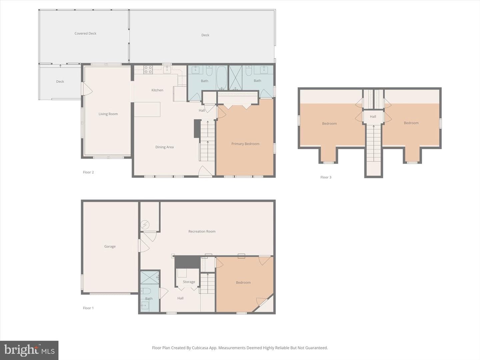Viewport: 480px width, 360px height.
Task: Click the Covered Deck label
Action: tap(85, 33)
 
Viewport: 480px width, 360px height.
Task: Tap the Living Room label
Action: tap(108, 114)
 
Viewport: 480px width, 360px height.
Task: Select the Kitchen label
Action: tap(157, 90)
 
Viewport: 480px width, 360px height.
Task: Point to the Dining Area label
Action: tap(164, 147)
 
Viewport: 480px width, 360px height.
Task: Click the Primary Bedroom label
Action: tap(245, 144)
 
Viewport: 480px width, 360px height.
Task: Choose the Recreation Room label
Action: tap(202, 231)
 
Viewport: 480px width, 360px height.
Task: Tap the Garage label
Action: tap(110, 246)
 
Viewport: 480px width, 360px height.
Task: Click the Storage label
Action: tap(189, 282)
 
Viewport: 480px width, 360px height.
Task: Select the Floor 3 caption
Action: tap(326, 177)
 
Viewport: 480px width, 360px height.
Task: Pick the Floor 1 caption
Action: tap(88, 308)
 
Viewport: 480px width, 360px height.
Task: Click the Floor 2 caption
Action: tap(88, 172)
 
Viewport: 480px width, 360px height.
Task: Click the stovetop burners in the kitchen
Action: tap(148, 70)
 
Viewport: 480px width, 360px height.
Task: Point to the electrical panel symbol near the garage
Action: tap(145, 224)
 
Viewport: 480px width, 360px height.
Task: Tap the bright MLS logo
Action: tap(29, 350)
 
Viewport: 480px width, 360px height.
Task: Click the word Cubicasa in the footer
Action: tap(200, 348)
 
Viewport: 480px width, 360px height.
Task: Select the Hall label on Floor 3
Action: tap(373, 117)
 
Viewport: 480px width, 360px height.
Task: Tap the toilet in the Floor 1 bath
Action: tap(146, 291)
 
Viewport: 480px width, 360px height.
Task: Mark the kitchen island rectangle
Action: tap(147, 109)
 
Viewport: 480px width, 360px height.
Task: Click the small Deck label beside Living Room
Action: tap(60, 82)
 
